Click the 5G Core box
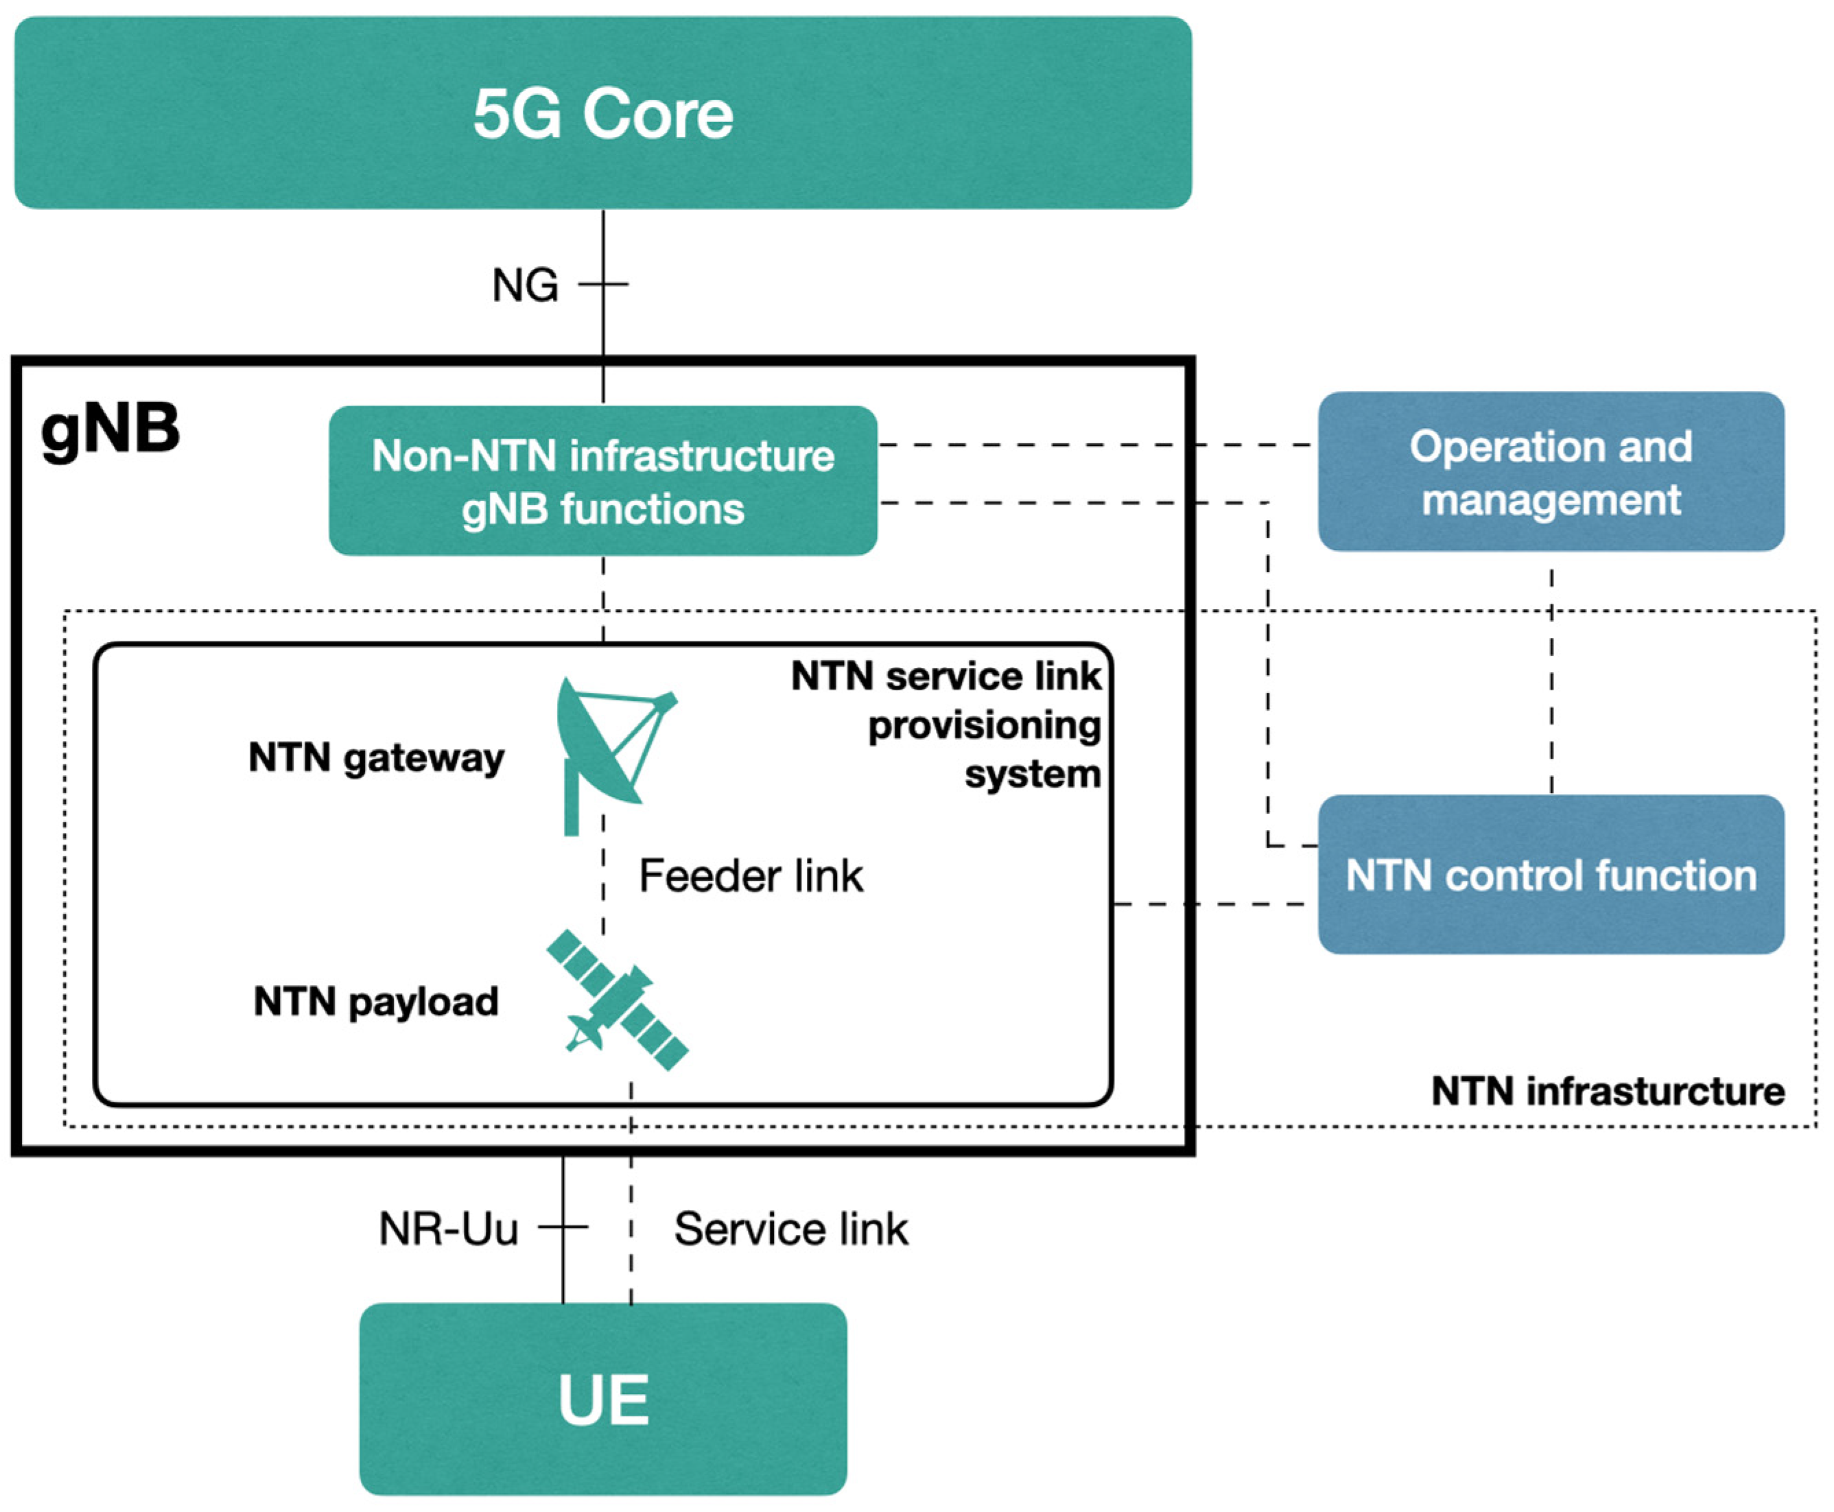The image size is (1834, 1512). click(x=602, y=113)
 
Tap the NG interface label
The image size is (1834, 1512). click(x=524, y=285)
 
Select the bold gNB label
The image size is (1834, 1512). click(x=110, y=429)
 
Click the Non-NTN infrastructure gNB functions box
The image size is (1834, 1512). click(x=602, y=481)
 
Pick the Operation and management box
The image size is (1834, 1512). click(x=1550, y=472)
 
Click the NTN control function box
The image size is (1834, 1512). click(x=1550, y=875)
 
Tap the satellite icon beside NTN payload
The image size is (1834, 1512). click(x=617, y=1000)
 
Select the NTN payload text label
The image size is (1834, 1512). click(x=376, y=1002)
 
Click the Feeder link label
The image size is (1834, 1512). click(x=751, y=876)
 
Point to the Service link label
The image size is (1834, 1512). click(x=790, y=1229)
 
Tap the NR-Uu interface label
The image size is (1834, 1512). click(x=449, y=1229)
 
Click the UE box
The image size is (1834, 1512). click(x=602, y=1399)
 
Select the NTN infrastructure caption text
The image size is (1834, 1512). click(x=1608, y=1091)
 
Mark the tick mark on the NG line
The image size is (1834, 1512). click(x=604, y=284)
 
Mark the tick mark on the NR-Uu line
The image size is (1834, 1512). click(x=563, y=1227)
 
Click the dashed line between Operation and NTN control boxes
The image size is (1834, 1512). click(x=1551, y=679)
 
